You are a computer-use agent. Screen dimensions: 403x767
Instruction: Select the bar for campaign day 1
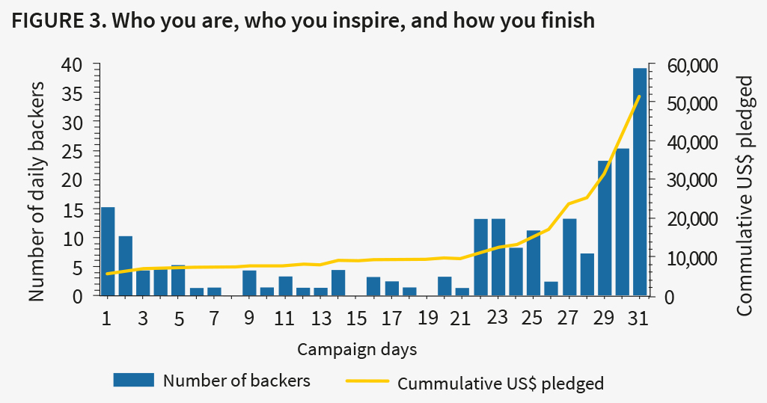tap(108, 251)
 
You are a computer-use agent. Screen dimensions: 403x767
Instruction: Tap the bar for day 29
tap(605, 228)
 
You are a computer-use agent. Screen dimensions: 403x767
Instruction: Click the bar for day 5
tap(178, 280)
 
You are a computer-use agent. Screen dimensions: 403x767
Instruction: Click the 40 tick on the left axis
tap(75, 66)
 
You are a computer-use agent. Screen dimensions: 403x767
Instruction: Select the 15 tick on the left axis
tap(75, 209)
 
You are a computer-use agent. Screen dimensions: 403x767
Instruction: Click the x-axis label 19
tap(427, 319)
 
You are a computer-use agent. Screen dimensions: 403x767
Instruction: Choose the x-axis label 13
tap(320, 319)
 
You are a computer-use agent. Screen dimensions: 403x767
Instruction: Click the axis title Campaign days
tap(357, 349)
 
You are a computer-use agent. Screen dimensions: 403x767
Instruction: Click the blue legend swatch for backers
tap(133, 380)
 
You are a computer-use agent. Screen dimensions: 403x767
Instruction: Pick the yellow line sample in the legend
tap(367, 381)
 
